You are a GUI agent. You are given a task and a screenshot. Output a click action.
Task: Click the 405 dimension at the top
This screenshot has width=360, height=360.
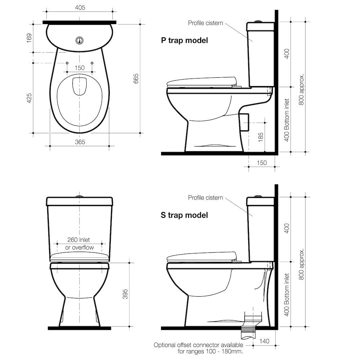(x=80, y=8)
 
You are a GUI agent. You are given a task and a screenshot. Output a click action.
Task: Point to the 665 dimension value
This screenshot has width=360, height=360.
(x=136, y=78)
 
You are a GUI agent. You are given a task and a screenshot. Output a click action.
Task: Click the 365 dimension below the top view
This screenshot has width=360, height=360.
(x=80, y=142)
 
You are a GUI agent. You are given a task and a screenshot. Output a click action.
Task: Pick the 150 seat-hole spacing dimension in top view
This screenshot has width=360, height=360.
(x=80, y=68)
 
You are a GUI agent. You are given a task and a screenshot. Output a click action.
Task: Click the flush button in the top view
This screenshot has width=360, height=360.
(x=80, y=40)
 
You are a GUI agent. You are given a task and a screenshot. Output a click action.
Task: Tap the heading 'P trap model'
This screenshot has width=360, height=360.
(x=184, y=40)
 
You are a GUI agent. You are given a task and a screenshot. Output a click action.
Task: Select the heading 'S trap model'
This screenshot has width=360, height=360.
(x=184, y=215)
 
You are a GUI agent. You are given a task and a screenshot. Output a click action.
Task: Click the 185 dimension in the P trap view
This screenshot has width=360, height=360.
(x=261, y=136)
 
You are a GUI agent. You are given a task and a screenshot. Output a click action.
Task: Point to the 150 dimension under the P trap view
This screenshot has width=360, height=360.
(x=262, y=163)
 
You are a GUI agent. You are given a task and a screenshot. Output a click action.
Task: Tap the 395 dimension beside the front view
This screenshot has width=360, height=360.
(x=125, y=294)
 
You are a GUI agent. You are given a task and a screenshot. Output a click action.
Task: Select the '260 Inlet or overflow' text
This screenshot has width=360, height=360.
(x=79, y=244)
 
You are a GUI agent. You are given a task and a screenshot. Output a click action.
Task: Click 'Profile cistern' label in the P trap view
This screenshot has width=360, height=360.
(x=206, y=23)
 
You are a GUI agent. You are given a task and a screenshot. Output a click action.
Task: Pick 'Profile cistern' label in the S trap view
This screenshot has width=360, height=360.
(x=206, y=198)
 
